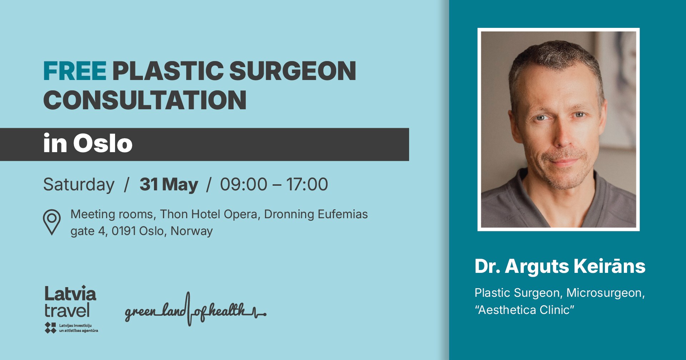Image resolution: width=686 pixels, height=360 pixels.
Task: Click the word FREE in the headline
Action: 75,71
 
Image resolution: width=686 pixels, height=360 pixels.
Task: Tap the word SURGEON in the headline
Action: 292,71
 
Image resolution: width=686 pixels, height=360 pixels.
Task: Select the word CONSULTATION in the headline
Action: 145,100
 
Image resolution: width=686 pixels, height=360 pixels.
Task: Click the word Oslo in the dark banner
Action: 103,144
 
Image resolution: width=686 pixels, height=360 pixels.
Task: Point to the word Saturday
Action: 79,185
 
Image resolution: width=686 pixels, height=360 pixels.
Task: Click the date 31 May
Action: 169,185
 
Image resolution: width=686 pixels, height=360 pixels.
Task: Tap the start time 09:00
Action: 243,184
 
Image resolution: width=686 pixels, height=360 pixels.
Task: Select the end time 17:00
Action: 307,184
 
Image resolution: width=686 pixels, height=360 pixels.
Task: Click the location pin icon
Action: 52,222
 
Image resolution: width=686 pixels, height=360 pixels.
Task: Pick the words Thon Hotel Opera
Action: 209,214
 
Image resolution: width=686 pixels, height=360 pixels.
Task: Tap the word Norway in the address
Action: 192,231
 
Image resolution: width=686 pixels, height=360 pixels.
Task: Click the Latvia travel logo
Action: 70,302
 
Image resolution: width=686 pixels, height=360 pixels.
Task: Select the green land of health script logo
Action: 195,310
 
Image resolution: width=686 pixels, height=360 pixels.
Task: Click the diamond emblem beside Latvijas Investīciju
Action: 50,327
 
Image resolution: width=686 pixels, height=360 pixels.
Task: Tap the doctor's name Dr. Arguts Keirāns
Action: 560,266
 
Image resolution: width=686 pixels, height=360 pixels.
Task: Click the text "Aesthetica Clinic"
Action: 524,310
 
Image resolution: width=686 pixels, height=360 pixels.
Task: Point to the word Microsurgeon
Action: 605,293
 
